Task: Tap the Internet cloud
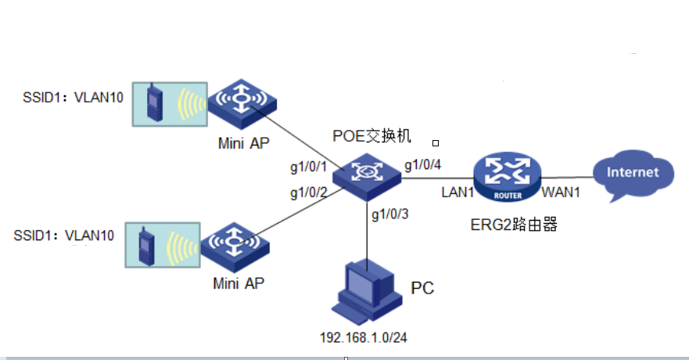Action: click(x=633, y=173)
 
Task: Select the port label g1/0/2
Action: click(x=307, y=193)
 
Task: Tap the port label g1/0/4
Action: click(x=423, y=164)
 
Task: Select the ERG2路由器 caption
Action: click(x=514, y=225)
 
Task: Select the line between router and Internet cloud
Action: click(x=567, y=176)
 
